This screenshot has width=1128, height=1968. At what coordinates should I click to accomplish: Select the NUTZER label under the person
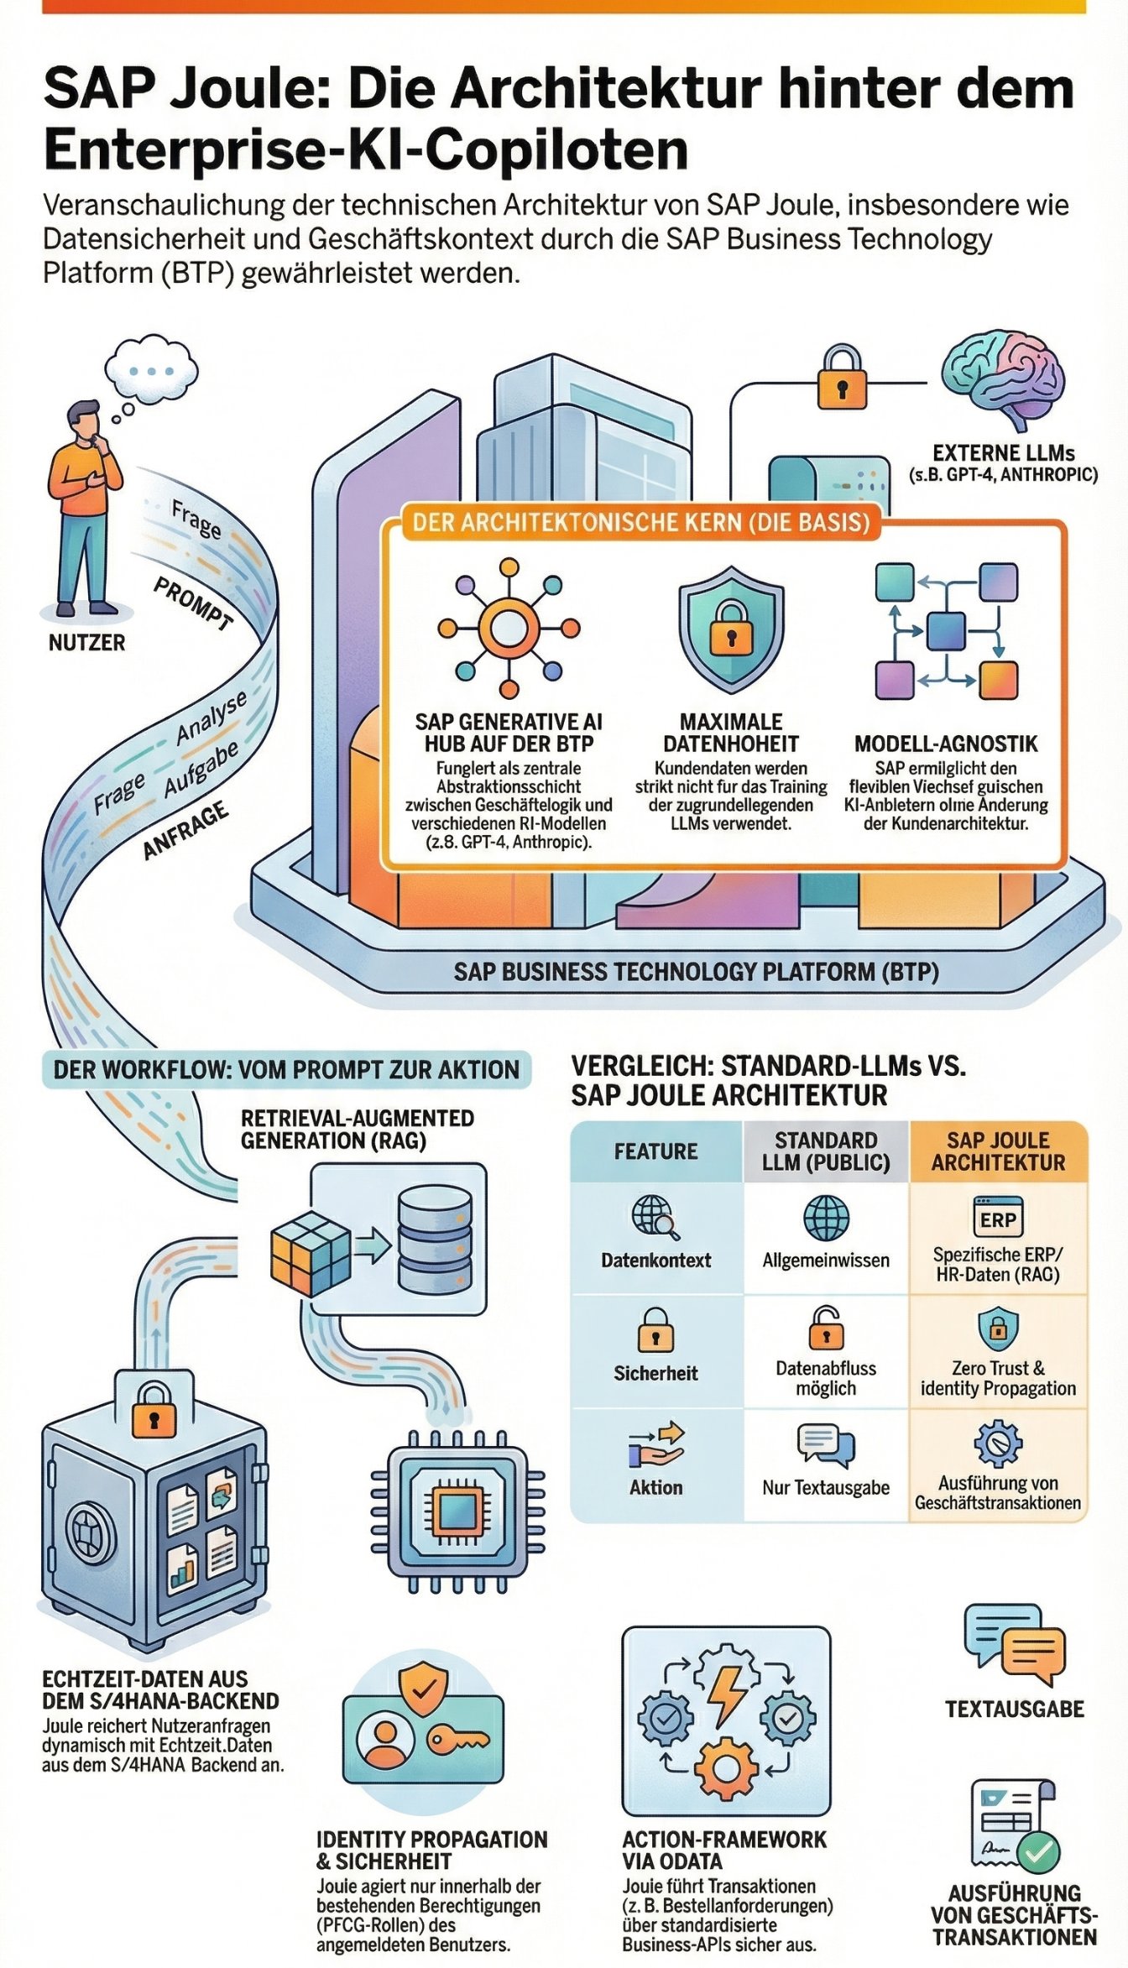[x=86, y=643]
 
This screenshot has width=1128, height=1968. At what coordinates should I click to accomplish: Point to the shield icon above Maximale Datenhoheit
[x=731, y=629]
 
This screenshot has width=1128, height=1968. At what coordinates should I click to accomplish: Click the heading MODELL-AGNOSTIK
[x=946, y=744]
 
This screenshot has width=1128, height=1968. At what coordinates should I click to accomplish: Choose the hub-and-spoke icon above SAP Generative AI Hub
[x=509, y=628]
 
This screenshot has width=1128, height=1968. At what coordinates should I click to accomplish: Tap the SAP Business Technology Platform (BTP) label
[x=696, y=972]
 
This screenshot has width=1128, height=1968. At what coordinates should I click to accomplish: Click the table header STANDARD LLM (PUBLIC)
[x=826, y=1151]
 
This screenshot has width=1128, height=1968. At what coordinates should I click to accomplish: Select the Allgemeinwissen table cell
[x=826, y=1260]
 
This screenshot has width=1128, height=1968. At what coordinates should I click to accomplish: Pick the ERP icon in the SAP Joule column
[x=998, y=1219]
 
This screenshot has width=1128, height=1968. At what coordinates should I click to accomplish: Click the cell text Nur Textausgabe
[x=826, y=1487]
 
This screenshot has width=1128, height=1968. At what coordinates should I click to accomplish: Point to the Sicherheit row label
[x=655, y=1373]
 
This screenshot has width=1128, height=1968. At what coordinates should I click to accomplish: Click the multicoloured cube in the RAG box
[x=310, y=1254]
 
